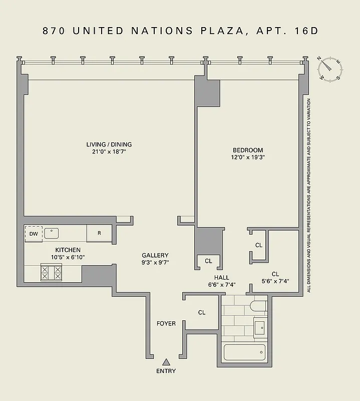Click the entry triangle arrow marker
166,361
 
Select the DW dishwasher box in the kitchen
34,234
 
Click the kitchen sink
52,233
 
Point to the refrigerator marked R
99,233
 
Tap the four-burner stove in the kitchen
51,273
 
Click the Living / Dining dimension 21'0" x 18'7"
109,151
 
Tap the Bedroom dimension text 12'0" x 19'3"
247,157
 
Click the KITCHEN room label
68,250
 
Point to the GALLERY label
155,255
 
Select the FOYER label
166,323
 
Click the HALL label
222,277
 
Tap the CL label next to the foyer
201,312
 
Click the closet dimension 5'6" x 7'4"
275,282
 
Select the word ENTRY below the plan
166,371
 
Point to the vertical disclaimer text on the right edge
309,195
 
